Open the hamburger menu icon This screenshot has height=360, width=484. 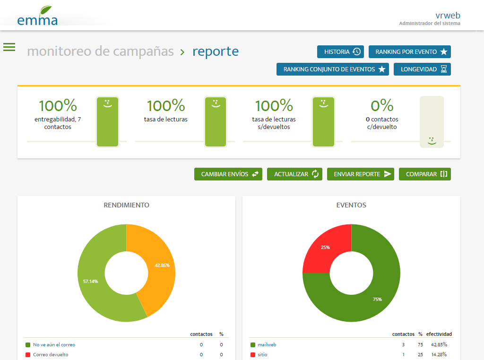(9, 47)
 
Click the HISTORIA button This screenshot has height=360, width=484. (340, 51)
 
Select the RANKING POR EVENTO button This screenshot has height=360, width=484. (409, 51)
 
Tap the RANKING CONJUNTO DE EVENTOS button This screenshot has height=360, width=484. (332, 69)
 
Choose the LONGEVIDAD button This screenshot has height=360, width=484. (422, 69)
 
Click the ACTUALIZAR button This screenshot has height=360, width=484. (297, 174)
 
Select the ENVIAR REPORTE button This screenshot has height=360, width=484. (360, 174)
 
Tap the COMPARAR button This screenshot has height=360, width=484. (424, 174)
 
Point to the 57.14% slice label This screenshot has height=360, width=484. (91, 281)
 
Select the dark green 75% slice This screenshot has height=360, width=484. (373, 293)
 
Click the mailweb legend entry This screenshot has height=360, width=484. (267, 345)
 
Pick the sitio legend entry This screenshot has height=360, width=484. (262, 354)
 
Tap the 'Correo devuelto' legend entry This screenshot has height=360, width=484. (51, 354)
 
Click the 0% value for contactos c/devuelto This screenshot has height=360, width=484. (382, 105)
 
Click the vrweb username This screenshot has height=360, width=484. (448, 15)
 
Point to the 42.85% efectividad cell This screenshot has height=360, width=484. (439, 345)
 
